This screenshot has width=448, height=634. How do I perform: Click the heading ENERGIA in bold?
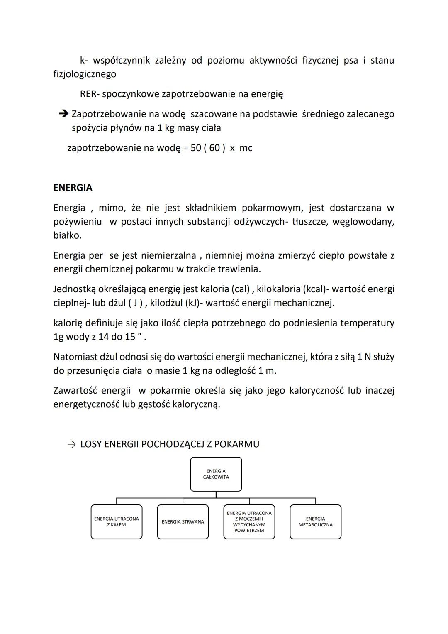[x=73, y=188]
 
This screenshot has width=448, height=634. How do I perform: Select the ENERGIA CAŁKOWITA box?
[x=216, y=474]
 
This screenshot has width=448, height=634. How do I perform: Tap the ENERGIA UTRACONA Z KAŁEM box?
[x=117, y=522]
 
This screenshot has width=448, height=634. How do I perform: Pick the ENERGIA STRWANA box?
[x=183, y=522]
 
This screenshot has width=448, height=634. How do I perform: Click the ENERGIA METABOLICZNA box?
[x=315, y=522]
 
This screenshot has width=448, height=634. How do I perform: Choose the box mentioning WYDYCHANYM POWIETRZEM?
[x=249, y=522]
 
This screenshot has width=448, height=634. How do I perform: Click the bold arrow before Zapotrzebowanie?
[x=63, y=114]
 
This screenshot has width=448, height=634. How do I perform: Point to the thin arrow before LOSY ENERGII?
[x=71, y=444]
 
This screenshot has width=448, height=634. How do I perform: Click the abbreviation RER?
[x=88, y=94]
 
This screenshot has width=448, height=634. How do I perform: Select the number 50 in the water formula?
[x=196, y=148]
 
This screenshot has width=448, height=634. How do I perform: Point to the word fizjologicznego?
[x=85, y=74]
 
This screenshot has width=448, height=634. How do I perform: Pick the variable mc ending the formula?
[x=246, y=148]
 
